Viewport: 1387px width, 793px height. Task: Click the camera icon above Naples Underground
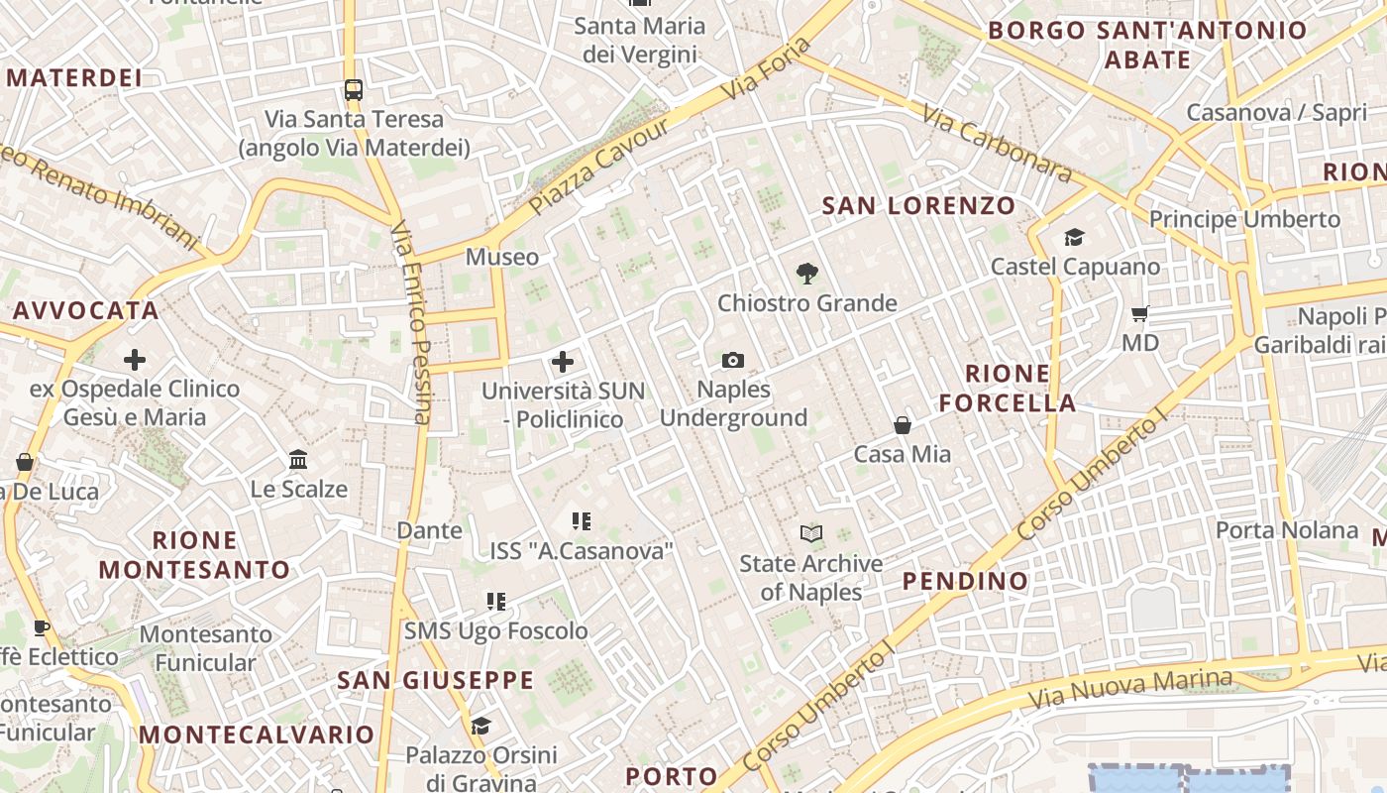[733, 360]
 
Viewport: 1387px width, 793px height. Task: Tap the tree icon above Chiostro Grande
[807, 274]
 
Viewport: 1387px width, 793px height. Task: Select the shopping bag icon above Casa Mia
[903, 425]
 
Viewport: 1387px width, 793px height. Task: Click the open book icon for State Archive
[811, 534]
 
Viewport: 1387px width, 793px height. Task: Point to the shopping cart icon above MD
[1140, 313]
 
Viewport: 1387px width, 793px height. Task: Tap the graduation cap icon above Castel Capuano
[1074, 237]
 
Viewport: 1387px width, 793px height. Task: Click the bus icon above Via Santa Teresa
[354, 90]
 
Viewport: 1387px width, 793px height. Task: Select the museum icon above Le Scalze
[298, 459]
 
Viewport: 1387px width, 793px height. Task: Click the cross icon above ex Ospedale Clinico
[135, 359]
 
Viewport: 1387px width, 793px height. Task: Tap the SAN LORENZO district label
[919, 206]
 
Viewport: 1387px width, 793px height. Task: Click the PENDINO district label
[965, 581]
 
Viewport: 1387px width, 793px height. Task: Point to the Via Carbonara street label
[997, 145]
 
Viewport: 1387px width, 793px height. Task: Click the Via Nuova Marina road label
[1130, 688]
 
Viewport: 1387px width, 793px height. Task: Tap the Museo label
[502, 258]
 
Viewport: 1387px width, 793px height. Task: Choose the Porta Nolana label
[1287, 530]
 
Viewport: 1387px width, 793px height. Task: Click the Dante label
[429, 530]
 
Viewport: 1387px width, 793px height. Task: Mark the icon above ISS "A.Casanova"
[582, 520]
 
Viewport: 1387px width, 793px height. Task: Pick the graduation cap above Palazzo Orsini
[480, 726]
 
